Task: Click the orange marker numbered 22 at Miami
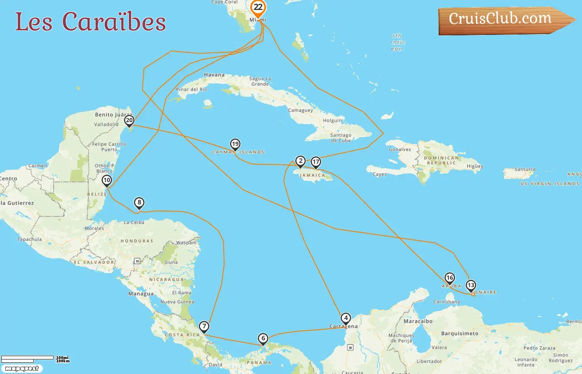pyautogui.click(x=258, y=7)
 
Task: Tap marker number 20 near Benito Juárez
pyautogui.click(x=129, y=121)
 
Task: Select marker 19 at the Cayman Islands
pyautogui.click(x=235, y=144)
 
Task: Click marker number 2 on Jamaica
pyautogui.click(x=301, y=161)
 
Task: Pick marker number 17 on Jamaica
pyautogui.click(x=316, y=162)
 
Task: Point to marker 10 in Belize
pyautogui.click(x=107, y=180)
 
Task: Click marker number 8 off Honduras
pyautogui.click(x=139, y=203)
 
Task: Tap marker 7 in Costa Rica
pyautogui.click(x=204, y=326)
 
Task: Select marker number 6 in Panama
pyautogui.click(x=263, y=338)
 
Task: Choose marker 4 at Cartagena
pyautogui.click(x=346, y=318)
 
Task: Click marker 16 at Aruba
pyautogui.click(x=449, y=278)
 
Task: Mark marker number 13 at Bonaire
pyautogui.click(x=471, y=285)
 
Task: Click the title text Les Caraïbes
pyautogui.click(x=91, y=22)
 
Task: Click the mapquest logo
pyautogui.click(x=22, y=369)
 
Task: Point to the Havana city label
pyautogui.click(x=214, y=75)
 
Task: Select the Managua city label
pyautogui.click(x=141, y=293)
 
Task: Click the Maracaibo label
pyautogui.click(x=418, y=321)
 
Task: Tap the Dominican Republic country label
pyautogui.click(x=441, y=160)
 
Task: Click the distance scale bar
pyautogui.click(x=27, y=359)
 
